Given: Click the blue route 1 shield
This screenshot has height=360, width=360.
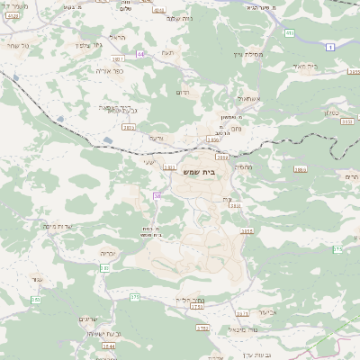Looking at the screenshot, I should (331, 46).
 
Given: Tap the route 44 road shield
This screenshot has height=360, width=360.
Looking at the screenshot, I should (140, 53).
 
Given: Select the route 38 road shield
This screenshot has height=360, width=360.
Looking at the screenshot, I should (157, 195).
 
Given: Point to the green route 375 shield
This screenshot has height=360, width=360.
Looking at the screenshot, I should (135, 296).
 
